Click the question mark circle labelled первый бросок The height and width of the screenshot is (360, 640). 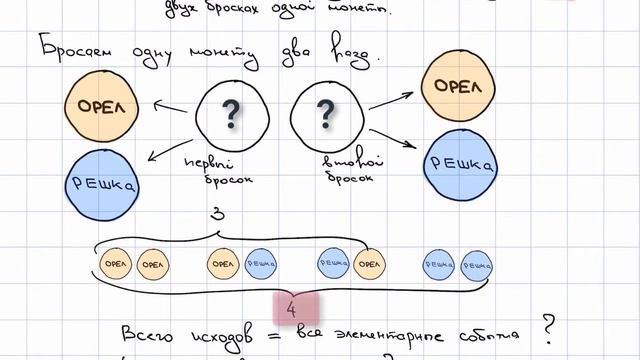coord(231,118)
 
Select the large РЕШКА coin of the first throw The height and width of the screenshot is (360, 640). coord(102,184)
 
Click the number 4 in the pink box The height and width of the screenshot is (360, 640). coord(291,309)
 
